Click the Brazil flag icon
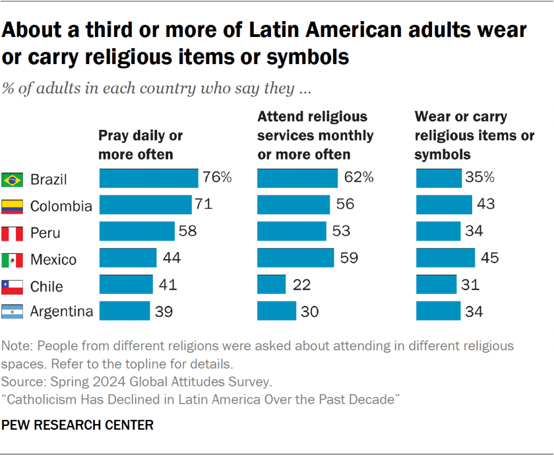click(x=12, y=179)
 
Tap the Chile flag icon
click(x=12, y=286)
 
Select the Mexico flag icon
click(x=12, y=260)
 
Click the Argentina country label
click(x=61, y=311)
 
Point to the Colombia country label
click(x=61, y=206)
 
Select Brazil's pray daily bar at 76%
click(x=148, y=178)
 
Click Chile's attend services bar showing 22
click(x=271, y=284)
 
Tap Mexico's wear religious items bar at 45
click(x=445, y=258)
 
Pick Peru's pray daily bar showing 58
click(x=137, y=231)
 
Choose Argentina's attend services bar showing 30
click(x=276, y=311)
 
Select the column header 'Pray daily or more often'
click(x=140, y=145)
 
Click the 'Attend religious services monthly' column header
click(x=315, y=135)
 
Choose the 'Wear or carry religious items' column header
click(x=474, y=135)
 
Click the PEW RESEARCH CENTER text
click(x=78, y=425)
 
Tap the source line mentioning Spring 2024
click(x=136, y=381)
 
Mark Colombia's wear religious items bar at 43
click(x=444, y=204)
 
